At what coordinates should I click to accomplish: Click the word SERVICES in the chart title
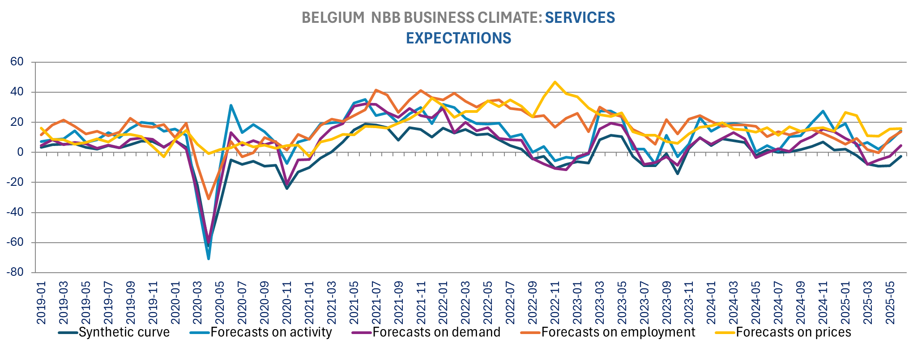[x=580, y=17]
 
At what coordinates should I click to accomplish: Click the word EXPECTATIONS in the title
[x=458, y=38]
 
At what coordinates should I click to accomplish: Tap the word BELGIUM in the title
[x=333, y=17]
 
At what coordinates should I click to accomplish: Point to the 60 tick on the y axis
[x=17, y=62]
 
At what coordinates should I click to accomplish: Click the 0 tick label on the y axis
[x=20, y=152]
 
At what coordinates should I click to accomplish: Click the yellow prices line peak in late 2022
[x=555, y=82]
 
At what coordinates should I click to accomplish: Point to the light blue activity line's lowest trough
[x=209, y=259]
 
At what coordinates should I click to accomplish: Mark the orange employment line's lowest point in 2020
[x=209, y=199]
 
